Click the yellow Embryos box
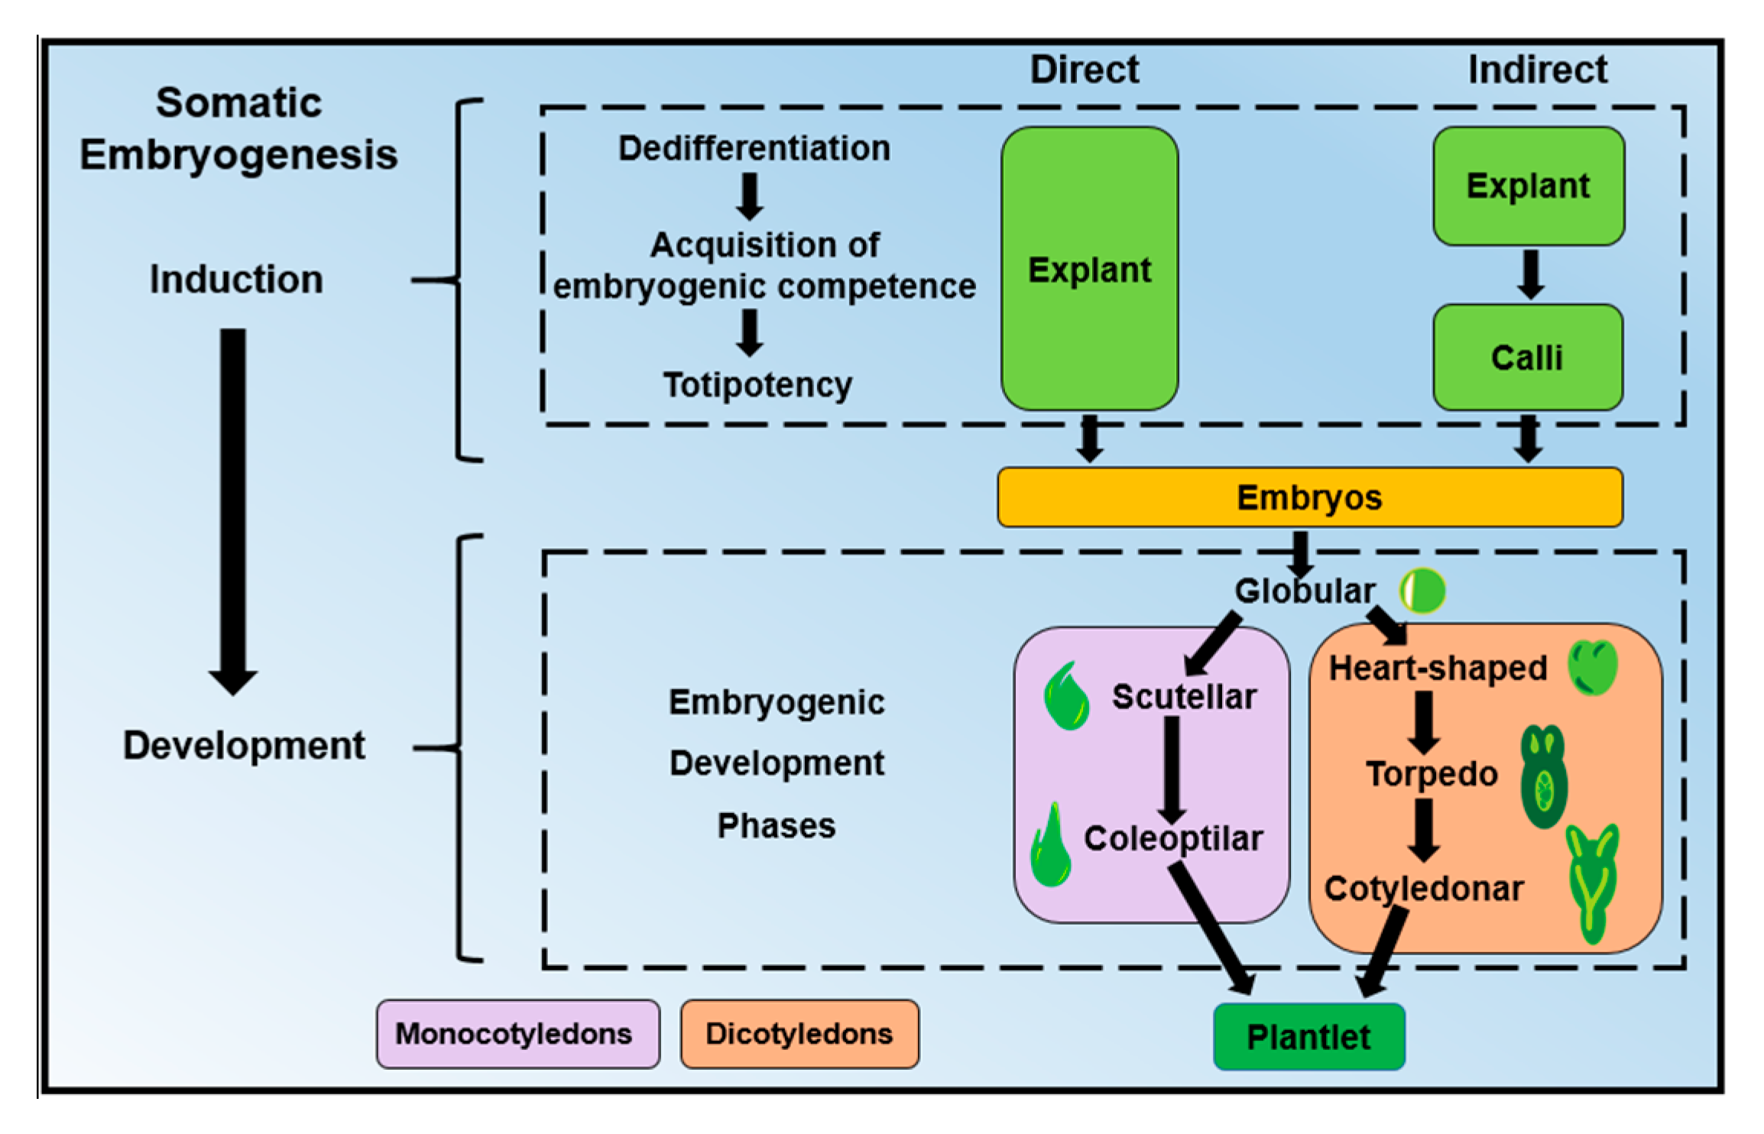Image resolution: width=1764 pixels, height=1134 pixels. tap(1310, 497)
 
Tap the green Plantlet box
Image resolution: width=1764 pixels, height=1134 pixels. tap(1309, 1037)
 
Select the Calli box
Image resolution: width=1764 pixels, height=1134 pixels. tap(1528, 358)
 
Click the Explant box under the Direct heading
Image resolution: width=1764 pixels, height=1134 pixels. tap(1090, 269)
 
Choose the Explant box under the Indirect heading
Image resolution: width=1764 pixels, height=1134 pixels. tap(1529, 186)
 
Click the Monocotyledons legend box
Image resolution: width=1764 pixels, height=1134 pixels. tap(517, 1034)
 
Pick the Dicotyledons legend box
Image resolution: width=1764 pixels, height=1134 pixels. tap(799, 1034)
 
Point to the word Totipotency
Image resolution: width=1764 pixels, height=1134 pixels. tap(757, 385)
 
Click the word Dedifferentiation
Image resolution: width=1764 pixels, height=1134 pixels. tap(754, 148)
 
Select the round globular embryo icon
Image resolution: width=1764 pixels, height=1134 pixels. tap(1422, 591)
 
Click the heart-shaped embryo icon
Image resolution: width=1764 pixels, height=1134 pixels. tap(1593, 667)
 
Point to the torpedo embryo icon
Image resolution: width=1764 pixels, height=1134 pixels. tap(1544, 777)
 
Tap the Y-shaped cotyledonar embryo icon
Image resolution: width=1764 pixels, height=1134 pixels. tap(1592, 883)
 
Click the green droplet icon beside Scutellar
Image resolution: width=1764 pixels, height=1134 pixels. tap(1067, 695)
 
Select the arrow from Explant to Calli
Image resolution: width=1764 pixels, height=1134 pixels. tap(1530, 274)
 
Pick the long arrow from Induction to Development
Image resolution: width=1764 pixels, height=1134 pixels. tap(233, 512)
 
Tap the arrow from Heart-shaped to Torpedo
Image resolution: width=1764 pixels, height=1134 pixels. tap(1423, 723)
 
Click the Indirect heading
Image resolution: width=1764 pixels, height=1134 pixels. tap(1538, 70)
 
